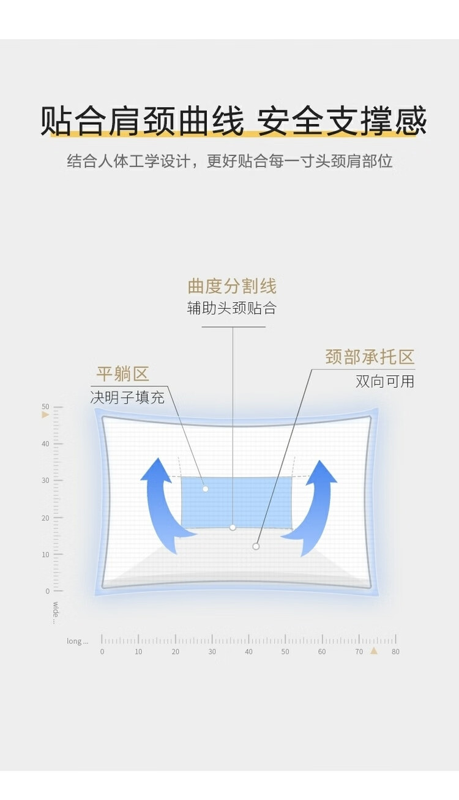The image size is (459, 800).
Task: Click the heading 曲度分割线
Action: (x=232, y=286)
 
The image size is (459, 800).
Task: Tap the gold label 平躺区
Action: (x=122, y=374)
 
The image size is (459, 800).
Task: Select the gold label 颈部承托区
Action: (x=370, y=357)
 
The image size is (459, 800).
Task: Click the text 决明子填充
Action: (x=127, y=398)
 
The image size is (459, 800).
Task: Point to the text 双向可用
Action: (x=385, y=382)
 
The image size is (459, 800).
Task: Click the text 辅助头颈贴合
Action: (x=232, y=308)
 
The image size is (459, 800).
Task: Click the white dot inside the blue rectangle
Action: (x=206, y=489)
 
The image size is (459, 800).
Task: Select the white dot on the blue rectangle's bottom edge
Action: (x=233, y=527)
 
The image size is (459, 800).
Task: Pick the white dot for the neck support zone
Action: (x=256, y=546)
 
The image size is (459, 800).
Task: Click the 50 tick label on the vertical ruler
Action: (x=45, y=407)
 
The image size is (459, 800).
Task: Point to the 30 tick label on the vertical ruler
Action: (x=45, y=481)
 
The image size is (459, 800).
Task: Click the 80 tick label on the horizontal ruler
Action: (x=395, y=652)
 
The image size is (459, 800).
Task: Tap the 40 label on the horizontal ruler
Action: (x=248, y=652)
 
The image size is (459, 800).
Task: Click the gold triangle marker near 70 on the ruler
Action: (x=374, y=651)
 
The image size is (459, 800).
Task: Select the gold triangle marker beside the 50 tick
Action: (x=45, y=415)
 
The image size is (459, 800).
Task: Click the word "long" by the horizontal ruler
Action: (x=76, y=641)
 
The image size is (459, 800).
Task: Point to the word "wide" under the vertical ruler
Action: (x=55, y=611)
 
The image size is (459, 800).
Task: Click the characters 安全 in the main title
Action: (x=289, y=120)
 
